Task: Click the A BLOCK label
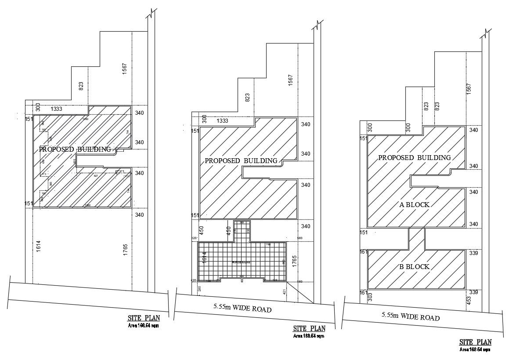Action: [414, 204]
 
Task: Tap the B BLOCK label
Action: [414, 267]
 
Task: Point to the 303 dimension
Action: [370, 298]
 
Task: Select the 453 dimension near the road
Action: [469, 300]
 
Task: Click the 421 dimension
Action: [284, 291]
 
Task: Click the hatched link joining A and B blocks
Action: [417, 238]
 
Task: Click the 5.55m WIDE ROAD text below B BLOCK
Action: [411, 316]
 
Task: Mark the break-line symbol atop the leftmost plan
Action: [152, 13]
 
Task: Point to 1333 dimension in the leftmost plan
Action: [56, 109]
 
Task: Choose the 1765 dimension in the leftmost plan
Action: [125, 249]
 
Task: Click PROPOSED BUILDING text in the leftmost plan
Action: [75, 149]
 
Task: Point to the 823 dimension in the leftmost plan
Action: [81, 86]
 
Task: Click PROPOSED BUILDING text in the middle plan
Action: [241, 160]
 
